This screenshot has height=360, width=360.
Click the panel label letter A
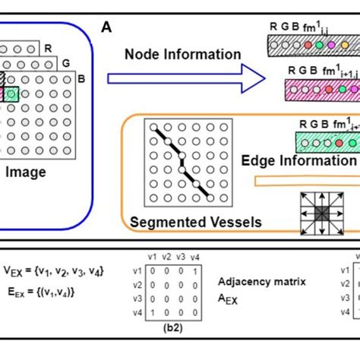coord(107,28)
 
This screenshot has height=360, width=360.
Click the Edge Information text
coord(298,160)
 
